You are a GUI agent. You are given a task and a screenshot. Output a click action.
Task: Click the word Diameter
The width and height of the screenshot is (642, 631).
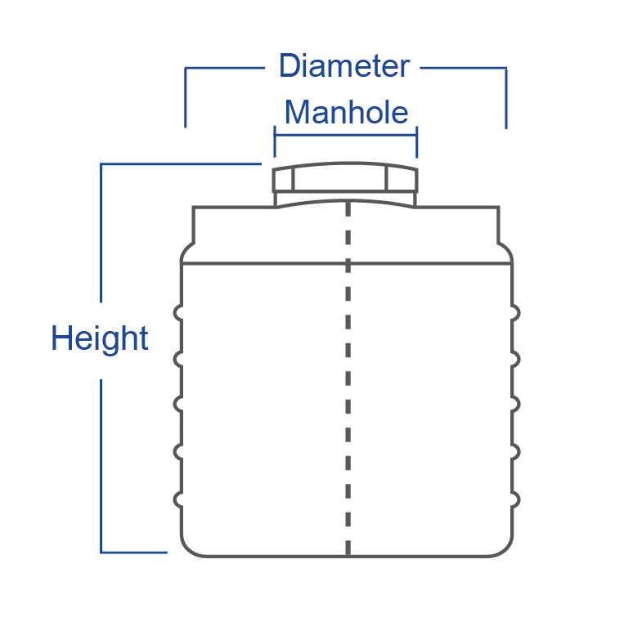pyautogui.click(x=344, y=66)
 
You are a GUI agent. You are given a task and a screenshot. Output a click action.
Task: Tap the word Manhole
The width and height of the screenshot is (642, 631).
pyautogui.click(x=346, y=112)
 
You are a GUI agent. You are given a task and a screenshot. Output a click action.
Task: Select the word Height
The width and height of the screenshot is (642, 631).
pyautogui.click(x=100, y=338)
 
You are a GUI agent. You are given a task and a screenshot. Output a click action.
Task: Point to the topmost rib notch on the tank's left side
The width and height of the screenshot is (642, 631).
pyautogui.click(x=177, y=311)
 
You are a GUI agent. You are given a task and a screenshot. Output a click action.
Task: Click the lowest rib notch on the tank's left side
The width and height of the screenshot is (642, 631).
pyautogui.click(x=177, y=498)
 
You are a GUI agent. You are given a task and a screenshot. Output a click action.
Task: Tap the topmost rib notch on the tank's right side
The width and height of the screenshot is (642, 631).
pyautogui.click(x=516, y=311)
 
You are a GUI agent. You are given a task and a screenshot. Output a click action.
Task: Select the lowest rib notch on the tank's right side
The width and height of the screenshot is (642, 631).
pyautogui.click(x=516, y=498)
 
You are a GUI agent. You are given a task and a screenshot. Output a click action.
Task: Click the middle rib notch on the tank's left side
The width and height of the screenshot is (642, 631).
pyautogui.click(x=177, y=405)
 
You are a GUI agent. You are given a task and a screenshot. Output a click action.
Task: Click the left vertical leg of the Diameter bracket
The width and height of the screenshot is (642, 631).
pyautogui.click(x=186, y=97)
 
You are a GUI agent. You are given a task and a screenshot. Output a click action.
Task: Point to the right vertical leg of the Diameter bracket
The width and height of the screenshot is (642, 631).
pyautogui.click(x=506, y=97)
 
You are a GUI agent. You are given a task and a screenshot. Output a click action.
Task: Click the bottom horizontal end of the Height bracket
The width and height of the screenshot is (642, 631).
pyautogui.click(x=134, y=553)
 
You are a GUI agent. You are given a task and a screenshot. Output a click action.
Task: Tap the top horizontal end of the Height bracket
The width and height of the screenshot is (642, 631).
pyautogui.click(x=180, y=164)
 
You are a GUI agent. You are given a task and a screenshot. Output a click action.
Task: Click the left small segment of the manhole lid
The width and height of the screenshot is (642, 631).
pyautogui.click(x=284, y=180)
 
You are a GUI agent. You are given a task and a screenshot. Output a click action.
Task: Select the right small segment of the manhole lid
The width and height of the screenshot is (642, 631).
pyautogui.click(x=402, y=180)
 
